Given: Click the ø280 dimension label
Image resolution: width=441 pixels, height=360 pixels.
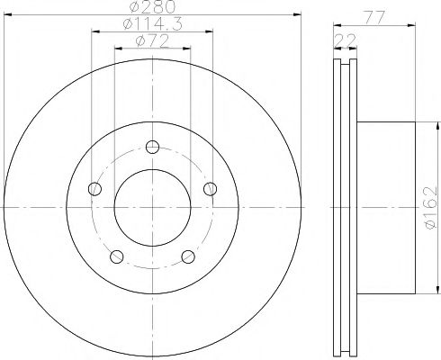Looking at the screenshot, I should [150, 9].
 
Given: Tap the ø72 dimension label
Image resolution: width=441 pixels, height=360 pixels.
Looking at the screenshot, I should [150, 40].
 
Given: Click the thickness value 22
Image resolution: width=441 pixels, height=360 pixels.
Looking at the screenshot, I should [343, 37].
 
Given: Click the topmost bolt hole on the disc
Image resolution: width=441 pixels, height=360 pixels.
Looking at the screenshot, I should [153, 148].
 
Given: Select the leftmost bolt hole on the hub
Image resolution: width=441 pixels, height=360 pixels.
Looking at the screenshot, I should [94, 188].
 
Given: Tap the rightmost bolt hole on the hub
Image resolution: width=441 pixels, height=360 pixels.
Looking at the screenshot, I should [211, 188].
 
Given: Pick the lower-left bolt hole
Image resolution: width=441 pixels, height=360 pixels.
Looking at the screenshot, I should [116, 256].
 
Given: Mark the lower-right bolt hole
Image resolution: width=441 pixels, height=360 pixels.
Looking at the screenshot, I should [189, 256].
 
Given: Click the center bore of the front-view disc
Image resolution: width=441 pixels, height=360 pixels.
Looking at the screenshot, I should [153, 207].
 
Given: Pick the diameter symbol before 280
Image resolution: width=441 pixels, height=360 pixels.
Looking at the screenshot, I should [135, 9].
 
